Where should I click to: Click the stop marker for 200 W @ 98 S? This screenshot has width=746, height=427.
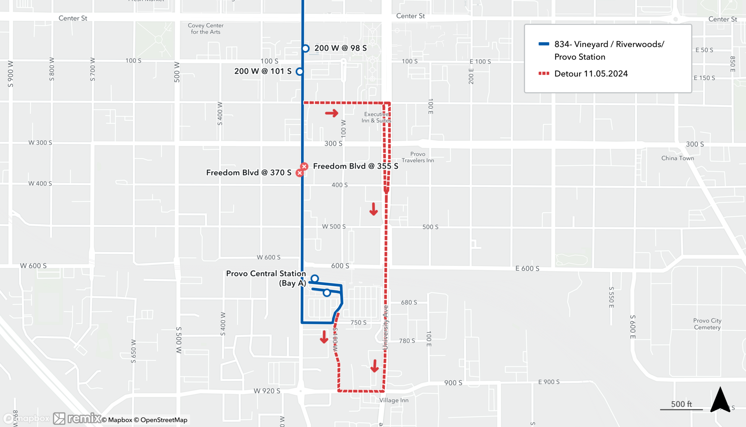pos(305,49)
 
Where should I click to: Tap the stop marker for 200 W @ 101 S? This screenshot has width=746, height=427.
pos(300,71)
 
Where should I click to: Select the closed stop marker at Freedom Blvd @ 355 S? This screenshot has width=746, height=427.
pos(304,166)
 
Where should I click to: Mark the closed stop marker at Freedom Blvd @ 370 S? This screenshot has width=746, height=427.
pos(300,173)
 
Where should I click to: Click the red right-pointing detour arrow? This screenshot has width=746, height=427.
pos(331,113)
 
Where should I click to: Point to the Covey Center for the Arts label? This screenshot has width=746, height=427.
pos(206,29)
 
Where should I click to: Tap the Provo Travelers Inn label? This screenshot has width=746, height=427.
pos(417,157)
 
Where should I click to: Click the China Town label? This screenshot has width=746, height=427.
pos(677,158)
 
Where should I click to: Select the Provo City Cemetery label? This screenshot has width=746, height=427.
pos(707,324)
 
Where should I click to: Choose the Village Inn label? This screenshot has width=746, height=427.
pos(394,400)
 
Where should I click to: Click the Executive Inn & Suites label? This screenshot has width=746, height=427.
pos(376,117)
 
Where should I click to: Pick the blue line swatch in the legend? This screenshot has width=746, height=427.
pos(544,44)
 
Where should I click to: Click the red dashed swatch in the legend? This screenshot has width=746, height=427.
pos(544,74)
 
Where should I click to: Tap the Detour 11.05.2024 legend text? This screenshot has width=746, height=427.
pos(591,74)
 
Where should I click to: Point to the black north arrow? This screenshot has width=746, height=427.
pos(720,400)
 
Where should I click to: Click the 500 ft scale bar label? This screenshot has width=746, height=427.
pos(681,404)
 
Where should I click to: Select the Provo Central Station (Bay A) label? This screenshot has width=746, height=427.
pos(266,278)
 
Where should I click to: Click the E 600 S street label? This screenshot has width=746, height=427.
pos(527,268)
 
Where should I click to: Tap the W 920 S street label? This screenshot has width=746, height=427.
pos(267,391)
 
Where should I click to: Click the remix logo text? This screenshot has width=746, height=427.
pos(84,418)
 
